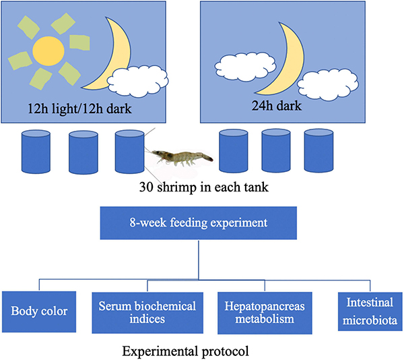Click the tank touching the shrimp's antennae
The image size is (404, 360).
pyautogui.click(x=129, y=154)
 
